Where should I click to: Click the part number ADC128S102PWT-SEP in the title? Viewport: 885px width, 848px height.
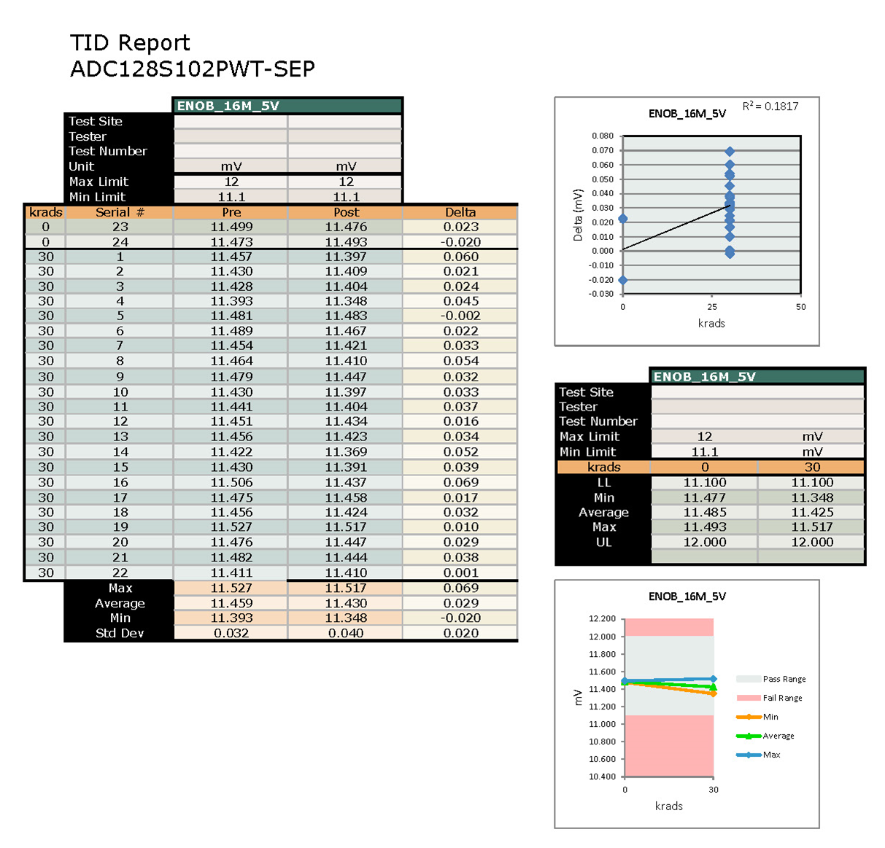[193, 69]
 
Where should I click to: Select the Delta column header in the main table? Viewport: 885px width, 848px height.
[460, 212]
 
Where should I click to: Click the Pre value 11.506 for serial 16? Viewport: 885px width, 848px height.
[231, 482]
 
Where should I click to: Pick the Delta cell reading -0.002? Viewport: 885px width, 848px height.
[460, 316]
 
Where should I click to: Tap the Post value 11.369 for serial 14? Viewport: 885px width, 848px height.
[346, 452]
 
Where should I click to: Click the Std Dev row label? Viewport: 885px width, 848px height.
[120, 633]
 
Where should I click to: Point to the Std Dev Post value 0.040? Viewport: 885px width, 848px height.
[346, 633]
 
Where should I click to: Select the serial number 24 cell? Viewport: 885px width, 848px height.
[120, 242]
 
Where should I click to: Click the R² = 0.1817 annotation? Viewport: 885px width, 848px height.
[770, 106]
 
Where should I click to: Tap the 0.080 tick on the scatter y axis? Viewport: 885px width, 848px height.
[603, 136]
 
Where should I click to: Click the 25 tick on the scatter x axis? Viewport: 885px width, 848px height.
[712, 307]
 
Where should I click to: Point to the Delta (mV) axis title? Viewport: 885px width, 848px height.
[578, 215]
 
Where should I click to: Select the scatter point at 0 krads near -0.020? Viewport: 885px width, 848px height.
[622, 280]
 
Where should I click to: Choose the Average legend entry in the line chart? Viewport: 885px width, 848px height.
[778, 736]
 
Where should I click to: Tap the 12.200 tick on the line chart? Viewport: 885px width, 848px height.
[603, 618]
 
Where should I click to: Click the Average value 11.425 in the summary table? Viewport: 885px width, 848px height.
[812, 513]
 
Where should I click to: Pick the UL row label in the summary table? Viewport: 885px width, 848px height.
[603, 542]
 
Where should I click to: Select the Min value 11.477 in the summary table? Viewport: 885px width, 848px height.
[705, 498]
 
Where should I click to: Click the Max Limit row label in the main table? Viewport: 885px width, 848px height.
[98, 182]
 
